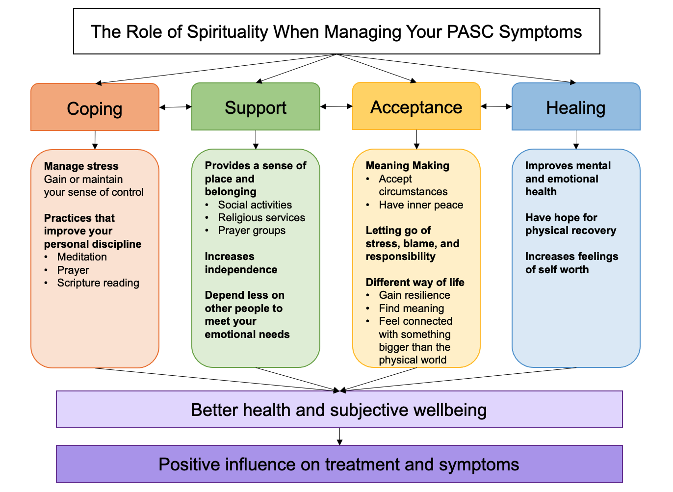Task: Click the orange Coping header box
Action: (95, 107)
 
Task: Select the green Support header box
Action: (256, 106)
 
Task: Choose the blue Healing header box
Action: (576, 106)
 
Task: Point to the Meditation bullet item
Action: (82, 257)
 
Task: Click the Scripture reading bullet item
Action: (98, 283)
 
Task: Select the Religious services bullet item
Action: (261, 218)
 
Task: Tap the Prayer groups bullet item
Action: (252, 231)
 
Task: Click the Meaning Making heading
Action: (408, 166)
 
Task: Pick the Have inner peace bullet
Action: (421, 205)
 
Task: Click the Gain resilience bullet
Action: (414, 295)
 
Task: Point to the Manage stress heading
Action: (81, 166)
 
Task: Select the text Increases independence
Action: (241, 263)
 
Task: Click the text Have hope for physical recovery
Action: (570, 224)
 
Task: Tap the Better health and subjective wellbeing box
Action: (339, 410)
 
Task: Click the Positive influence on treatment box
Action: (339, 464)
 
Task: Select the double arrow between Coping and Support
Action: (175, 107)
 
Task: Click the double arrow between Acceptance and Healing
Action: (496, 106)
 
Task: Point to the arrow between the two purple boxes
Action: (339, 437)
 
